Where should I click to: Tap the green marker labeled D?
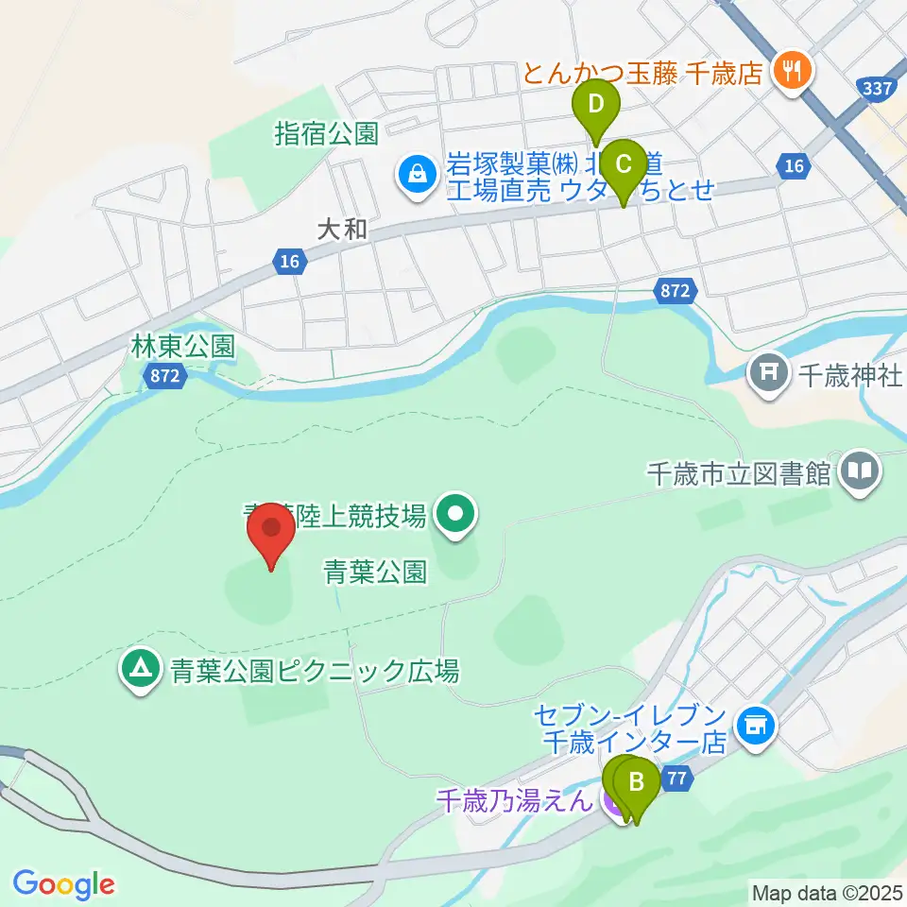[x=596, y=104]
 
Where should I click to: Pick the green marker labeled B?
[x=638, y=783]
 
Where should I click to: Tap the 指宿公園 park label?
[x=326, y=133]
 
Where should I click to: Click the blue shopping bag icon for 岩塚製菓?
[x=414, y=173]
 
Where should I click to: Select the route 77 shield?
[x=676, y=779]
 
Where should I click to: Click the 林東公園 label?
[x=182, y=348]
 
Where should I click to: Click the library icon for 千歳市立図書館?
[x=860, y=471]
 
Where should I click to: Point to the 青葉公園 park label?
[x=376, y=571]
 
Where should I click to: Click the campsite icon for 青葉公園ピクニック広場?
[x=142, y=671]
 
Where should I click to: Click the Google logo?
[x=64, y=884]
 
